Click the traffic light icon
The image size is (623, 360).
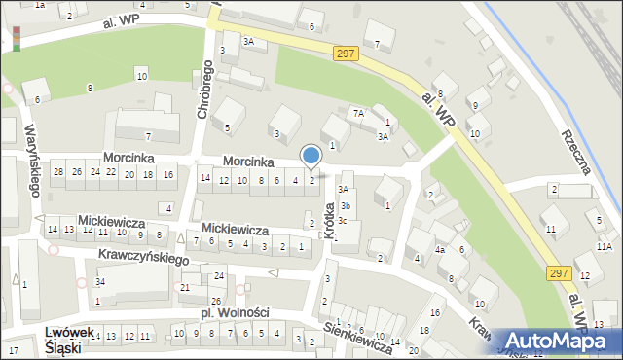(x=17, y=36)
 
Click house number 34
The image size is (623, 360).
(x=100, y=282)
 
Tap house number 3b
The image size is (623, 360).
(x=345, y=205)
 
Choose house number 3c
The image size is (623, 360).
(x=343, y=220)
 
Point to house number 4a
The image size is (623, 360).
(x=440, y=250)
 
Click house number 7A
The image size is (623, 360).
(x=358, y=114)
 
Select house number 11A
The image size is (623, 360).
(x=604, y=249)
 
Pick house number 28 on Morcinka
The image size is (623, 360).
(x=59, y=172)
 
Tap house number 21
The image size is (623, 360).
(x=185, y=287)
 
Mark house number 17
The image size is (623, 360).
(x=14, y=349)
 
